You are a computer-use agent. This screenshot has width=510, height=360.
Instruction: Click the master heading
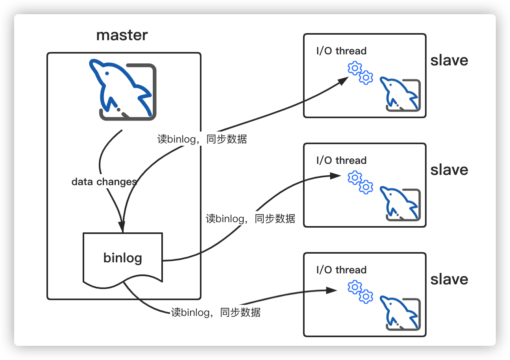[122, 35]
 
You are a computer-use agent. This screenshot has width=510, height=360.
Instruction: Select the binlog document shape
[123, 258]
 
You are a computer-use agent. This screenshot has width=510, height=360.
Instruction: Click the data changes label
[104, 182]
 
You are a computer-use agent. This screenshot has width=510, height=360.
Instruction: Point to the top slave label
[449, 60]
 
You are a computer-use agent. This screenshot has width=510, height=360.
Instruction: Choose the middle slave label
[449, 170]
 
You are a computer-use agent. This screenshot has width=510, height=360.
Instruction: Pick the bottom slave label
[449, 279]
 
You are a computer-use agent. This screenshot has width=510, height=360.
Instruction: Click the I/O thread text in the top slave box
[341, 51]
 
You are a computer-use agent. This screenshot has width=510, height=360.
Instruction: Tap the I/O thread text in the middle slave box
[341, 160]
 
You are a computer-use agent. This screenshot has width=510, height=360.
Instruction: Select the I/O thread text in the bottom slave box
[341, 270]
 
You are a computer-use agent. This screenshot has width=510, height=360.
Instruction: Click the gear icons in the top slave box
[360, 73]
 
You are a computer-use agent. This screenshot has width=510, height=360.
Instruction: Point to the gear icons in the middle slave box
[360, 182]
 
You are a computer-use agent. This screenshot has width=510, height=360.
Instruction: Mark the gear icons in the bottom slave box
[360, 292]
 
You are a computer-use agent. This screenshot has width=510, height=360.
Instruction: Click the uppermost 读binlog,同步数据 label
[202, 139]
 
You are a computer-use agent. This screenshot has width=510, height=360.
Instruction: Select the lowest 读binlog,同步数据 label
[216, 312]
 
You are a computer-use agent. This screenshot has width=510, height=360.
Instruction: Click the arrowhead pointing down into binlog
[122, 228]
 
